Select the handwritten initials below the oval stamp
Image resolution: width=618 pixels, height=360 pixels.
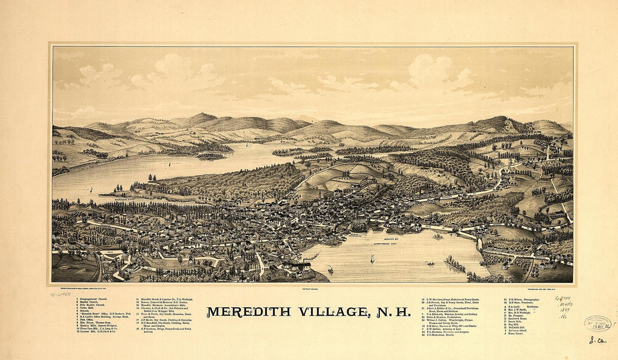pos(594,340)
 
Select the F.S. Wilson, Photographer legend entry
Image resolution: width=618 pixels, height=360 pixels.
pos(522,299)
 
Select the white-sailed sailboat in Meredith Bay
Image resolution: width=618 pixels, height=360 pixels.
pos(371,258)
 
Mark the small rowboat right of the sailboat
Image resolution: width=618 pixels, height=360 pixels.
pos(430,263)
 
